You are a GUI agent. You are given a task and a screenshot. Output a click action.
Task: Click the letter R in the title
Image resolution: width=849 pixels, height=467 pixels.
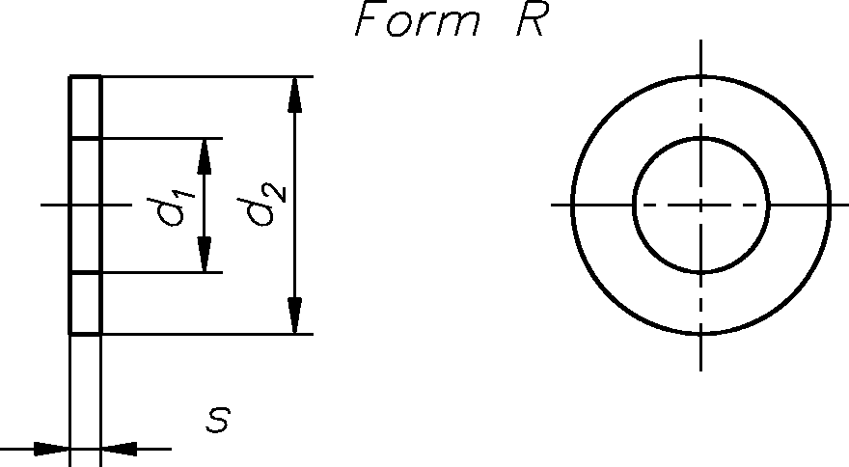click(x=531, y=22)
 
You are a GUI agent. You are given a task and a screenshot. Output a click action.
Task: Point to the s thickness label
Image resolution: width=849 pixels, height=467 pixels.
click(x=219, y=420)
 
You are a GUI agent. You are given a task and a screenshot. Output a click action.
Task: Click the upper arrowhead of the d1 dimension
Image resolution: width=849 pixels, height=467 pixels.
click(x=205, y=154)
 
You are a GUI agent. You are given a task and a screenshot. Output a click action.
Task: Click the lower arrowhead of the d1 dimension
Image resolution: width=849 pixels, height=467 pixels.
click(x=205, y=256)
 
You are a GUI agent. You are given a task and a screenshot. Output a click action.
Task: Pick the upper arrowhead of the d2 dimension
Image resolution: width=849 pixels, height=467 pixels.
click(x=295, y=95)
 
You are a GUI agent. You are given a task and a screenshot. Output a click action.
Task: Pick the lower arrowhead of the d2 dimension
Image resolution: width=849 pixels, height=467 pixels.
click(x=295, y=316)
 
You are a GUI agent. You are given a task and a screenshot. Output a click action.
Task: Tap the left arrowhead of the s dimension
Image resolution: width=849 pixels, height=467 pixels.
click(x=50, y=449)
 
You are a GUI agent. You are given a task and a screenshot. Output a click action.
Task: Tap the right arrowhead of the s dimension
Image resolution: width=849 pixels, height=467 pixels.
click(x=120, y=449)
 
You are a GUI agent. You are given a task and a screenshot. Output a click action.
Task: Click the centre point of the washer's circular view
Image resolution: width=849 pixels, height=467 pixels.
click(x=701, y=205)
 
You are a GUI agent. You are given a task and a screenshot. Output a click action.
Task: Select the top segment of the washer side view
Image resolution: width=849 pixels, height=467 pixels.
click(x=85, y=107)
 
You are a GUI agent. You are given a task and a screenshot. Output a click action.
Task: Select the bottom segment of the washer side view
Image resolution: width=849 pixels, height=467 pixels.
click(x=85, y=304)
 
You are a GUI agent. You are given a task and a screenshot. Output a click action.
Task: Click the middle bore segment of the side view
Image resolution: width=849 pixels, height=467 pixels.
click(x=85, y=206)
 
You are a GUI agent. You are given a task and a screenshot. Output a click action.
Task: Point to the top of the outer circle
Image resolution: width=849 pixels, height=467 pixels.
click(x=701, y=75)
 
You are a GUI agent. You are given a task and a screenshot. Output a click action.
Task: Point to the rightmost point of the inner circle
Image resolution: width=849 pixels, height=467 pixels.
click(x=768, y=205)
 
